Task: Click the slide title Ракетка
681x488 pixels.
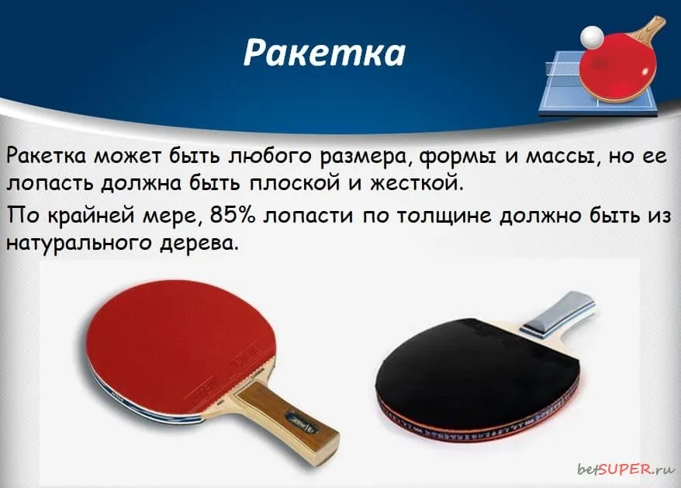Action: click(x=324, y=54)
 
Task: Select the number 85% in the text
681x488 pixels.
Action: click(x=233, y=215)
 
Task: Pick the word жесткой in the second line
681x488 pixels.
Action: click(x=417, y=182)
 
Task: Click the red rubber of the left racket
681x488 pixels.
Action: click(x=178, y=343)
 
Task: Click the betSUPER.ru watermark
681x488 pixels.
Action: click(x=626, y=469)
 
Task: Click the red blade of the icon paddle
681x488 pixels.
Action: click(x=618, y=67)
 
